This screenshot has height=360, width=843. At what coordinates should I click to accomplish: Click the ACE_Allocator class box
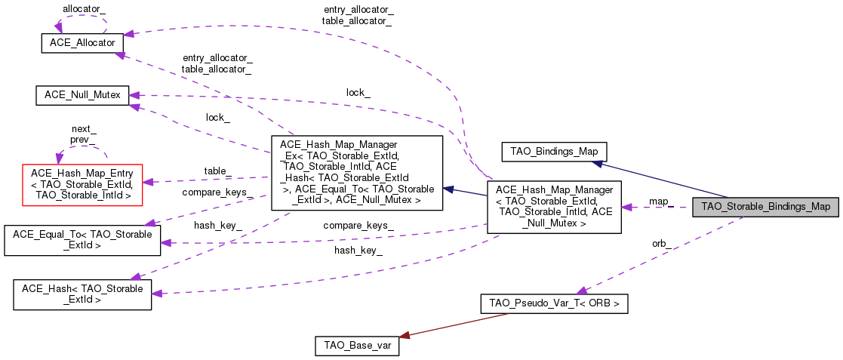82,43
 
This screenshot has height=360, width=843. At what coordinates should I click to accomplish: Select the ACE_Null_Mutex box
82,95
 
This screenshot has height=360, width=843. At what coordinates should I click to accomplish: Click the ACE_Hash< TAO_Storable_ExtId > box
82,294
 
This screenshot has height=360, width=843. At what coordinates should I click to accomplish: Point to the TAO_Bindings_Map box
554,151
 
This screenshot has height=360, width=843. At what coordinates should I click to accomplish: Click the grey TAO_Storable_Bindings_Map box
765,206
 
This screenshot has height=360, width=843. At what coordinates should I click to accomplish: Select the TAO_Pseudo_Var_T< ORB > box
555,303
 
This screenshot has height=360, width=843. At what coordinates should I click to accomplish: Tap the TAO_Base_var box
356,346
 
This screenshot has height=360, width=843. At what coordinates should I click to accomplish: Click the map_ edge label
660,202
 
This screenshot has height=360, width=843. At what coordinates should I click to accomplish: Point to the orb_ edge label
663,243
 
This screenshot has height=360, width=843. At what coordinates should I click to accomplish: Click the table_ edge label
217,171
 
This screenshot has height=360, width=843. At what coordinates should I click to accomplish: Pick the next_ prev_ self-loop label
84,134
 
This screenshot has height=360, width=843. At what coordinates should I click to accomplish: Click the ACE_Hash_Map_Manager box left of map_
554,207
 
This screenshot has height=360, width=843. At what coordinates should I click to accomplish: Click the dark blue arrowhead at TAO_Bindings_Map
596,162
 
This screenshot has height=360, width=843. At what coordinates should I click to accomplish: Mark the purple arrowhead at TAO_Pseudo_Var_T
582,291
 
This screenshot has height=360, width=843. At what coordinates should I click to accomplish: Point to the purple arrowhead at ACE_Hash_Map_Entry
148,182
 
